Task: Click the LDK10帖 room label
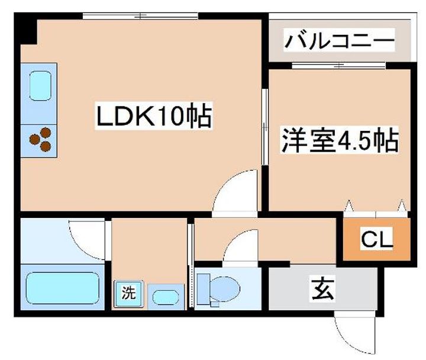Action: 154,115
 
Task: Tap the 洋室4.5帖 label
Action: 340,140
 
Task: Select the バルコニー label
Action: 340,40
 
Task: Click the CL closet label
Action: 376,239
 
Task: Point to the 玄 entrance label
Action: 322,289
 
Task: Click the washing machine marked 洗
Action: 128,294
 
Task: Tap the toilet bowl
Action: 225,290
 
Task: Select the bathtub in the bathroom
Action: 63,288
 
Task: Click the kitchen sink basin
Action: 40,86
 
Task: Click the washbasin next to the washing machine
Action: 166,297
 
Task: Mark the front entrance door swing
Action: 355,335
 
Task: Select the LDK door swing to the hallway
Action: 235,192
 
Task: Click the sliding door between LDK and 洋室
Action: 265,127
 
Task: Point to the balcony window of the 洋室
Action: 339,65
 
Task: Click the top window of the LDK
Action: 140,16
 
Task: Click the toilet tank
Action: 204,289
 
